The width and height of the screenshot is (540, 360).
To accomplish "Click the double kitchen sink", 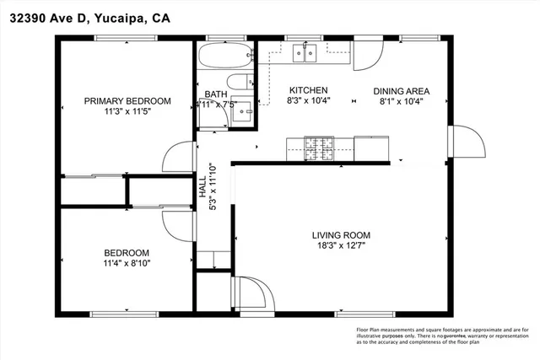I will click(x=305, y=55).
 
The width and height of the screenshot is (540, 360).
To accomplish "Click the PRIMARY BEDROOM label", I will click(x=127, y=101).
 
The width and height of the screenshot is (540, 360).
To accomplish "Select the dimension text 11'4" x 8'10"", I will click(x=127, y=263).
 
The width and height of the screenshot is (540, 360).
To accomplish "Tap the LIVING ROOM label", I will click(x=341, y=235).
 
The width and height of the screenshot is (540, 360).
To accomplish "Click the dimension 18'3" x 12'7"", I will click(x=341, y=246).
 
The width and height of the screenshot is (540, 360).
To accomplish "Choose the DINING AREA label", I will click(x=402, y=91).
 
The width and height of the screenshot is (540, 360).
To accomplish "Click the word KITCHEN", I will click(x=309, y=91).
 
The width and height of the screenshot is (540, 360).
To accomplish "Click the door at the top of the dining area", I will click(x=367, y=56).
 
